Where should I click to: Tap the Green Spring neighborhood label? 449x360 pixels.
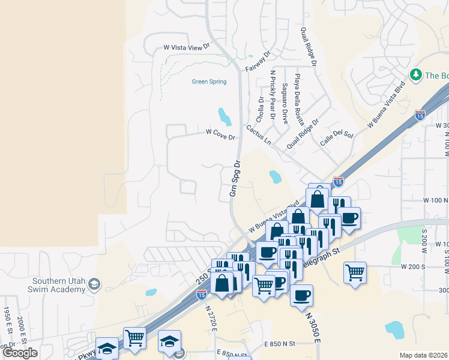(x=209, y=82)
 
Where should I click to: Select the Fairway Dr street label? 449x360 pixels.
(x=259, y=61)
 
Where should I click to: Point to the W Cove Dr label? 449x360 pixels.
(x=220, y=134)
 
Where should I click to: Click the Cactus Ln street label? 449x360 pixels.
(x=259, y=134)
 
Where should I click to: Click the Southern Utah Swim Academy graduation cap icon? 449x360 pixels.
(x=94, y=283)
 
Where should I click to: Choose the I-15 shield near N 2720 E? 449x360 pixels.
(x=202, y=294)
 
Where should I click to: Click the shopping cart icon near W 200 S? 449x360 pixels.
(x=355, y=272)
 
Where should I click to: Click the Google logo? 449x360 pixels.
(x=20, y=353)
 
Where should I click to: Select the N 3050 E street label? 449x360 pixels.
(x=312, y=326)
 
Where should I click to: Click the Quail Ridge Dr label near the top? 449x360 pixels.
(x=312, y=49)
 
